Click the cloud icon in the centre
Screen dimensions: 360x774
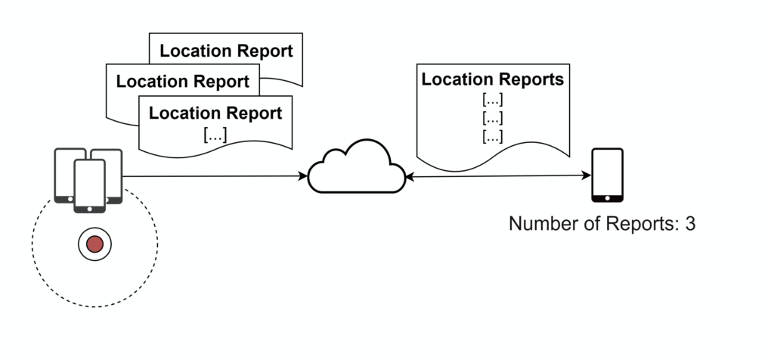pos(357,168)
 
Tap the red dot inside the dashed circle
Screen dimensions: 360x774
pos(94,244)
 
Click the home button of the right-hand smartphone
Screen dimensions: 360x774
pos(607,197)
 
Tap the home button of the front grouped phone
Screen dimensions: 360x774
pos(89,208)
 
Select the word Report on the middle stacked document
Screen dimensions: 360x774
pos(222,81)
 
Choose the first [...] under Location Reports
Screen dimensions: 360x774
pos(492,99)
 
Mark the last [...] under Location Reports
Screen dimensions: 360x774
pos(492,137)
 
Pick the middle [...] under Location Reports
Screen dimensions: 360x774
pos(492,118)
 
